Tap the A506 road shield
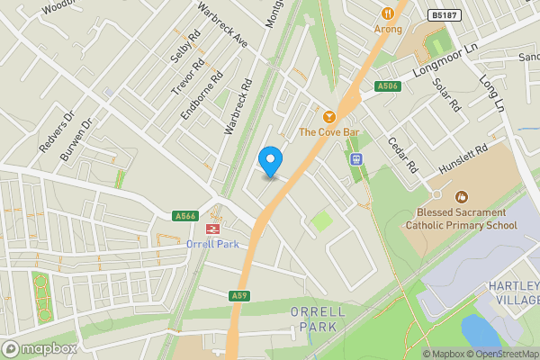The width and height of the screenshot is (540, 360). click(388, 86)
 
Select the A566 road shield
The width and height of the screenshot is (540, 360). click(185, 215)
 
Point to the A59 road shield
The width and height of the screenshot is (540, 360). click(238, 295)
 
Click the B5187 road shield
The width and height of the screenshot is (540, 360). click(443, 15)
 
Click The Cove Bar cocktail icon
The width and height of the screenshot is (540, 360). click(328, 117)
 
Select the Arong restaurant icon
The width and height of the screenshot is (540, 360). click(389, 13)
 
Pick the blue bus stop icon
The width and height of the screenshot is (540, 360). click(355, 158)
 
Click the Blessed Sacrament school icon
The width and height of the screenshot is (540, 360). click(462, 196)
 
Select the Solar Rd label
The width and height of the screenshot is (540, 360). click(446, 94)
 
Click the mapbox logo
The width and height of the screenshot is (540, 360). click(40, 348)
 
